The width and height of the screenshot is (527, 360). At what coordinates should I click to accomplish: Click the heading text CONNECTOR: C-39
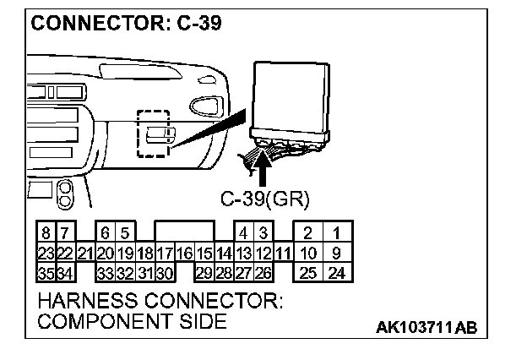pos(127,23)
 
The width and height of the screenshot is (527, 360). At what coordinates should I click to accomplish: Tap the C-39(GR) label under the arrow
pos(265,199)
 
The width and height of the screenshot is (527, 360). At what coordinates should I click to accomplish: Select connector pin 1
pos(336,232)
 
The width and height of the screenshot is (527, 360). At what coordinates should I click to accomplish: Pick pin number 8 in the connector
pos(46,232)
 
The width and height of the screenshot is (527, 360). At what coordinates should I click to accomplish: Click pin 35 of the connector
pos(46,273)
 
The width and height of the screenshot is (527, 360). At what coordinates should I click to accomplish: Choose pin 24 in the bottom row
pos(336,273)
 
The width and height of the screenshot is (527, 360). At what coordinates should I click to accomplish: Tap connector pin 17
pos(165,253)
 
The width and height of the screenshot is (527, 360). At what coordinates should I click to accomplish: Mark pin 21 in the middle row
pos(84,253)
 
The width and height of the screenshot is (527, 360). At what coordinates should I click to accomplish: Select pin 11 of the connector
pos(282,253)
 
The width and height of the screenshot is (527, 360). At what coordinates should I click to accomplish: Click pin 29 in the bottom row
pos(204,273)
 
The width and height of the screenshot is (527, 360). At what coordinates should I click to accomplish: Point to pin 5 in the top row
pos(124,232)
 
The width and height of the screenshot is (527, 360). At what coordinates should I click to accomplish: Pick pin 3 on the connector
pos(263,232)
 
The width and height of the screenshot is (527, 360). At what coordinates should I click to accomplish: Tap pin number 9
pos(336,253)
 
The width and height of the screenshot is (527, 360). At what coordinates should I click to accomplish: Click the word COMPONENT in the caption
pos(98,321)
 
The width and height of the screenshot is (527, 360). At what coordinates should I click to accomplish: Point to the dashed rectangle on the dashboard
pos(153,133)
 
